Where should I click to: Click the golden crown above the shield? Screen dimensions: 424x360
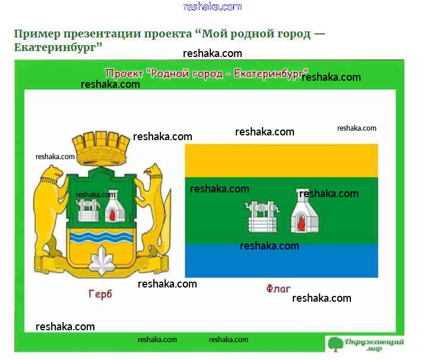(100, 149)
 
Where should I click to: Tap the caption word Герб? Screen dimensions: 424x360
(100, 294)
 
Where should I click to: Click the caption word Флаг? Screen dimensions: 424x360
(278, 289)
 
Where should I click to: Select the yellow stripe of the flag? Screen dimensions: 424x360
(281, 160)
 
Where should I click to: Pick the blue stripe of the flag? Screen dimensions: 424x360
(281, 260)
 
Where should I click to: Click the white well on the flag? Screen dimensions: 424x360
(262, 217)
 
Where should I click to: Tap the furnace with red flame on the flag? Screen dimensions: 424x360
(304, 211)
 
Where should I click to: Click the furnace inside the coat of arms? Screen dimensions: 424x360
(115, 210)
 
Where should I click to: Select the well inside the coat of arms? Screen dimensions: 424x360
(87, 210)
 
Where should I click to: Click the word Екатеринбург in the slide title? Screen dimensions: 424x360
(271, 73)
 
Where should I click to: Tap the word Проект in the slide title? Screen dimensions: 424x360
(124, 73)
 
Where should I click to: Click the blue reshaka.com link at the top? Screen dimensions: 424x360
(212, 7)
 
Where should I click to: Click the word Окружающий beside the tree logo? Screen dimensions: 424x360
(374, 342)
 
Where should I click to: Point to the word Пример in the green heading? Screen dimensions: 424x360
(37, 34)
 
